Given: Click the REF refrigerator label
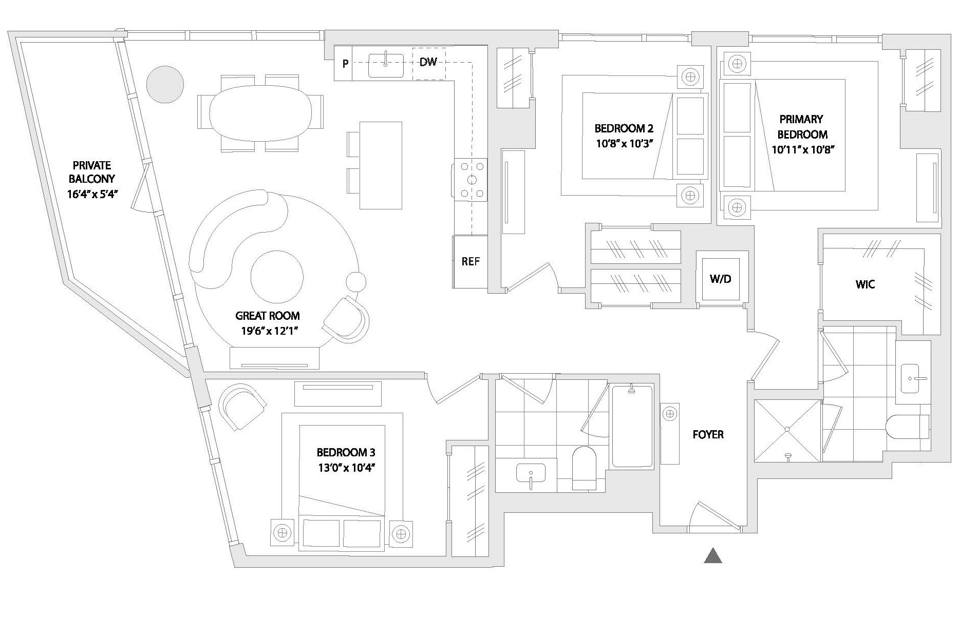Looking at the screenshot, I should pyautogui.click(x=470, y=261).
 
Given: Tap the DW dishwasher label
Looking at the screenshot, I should pyautogui.click(x=428, y=62).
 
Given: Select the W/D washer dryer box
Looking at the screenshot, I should pyautogui.click(x=720, y=279).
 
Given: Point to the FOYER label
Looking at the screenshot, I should pyautogui.click(x=708, y=434).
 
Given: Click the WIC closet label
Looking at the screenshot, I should pyautogui.click(x=865, y=284).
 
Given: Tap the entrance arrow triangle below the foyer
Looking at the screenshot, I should pyautogui.click(x=713, y=556).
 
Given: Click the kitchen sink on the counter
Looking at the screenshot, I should pyautogui.click(x=386, y=65).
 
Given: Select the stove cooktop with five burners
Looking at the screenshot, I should pyautogui.click(x=472, y=180).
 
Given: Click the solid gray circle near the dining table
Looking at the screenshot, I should pyautogui.click(x=165, y=84).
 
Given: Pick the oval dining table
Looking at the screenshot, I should pyautogui.click(x=260, y=113).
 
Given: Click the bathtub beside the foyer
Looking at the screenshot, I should pyautogui.click(x=632, y=426).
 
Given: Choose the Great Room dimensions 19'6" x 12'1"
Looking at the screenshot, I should pyautogui.click(x=270, y=331).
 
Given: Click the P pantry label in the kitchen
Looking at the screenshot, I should pyautogui.click(x=346, y=64).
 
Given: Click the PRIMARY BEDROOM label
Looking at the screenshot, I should pyautogui.click(x=802, y=127).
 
